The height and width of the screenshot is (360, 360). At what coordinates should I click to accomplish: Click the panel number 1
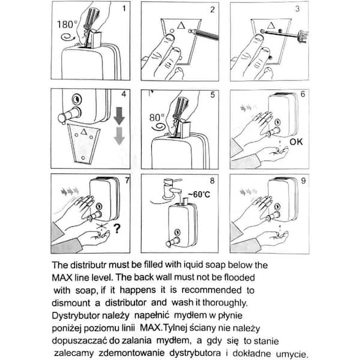[x=124, y=10]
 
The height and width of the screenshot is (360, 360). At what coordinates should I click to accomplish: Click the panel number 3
[x=298, y=10]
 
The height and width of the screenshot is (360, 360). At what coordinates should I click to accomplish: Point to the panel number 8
[x=211, y=181]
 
